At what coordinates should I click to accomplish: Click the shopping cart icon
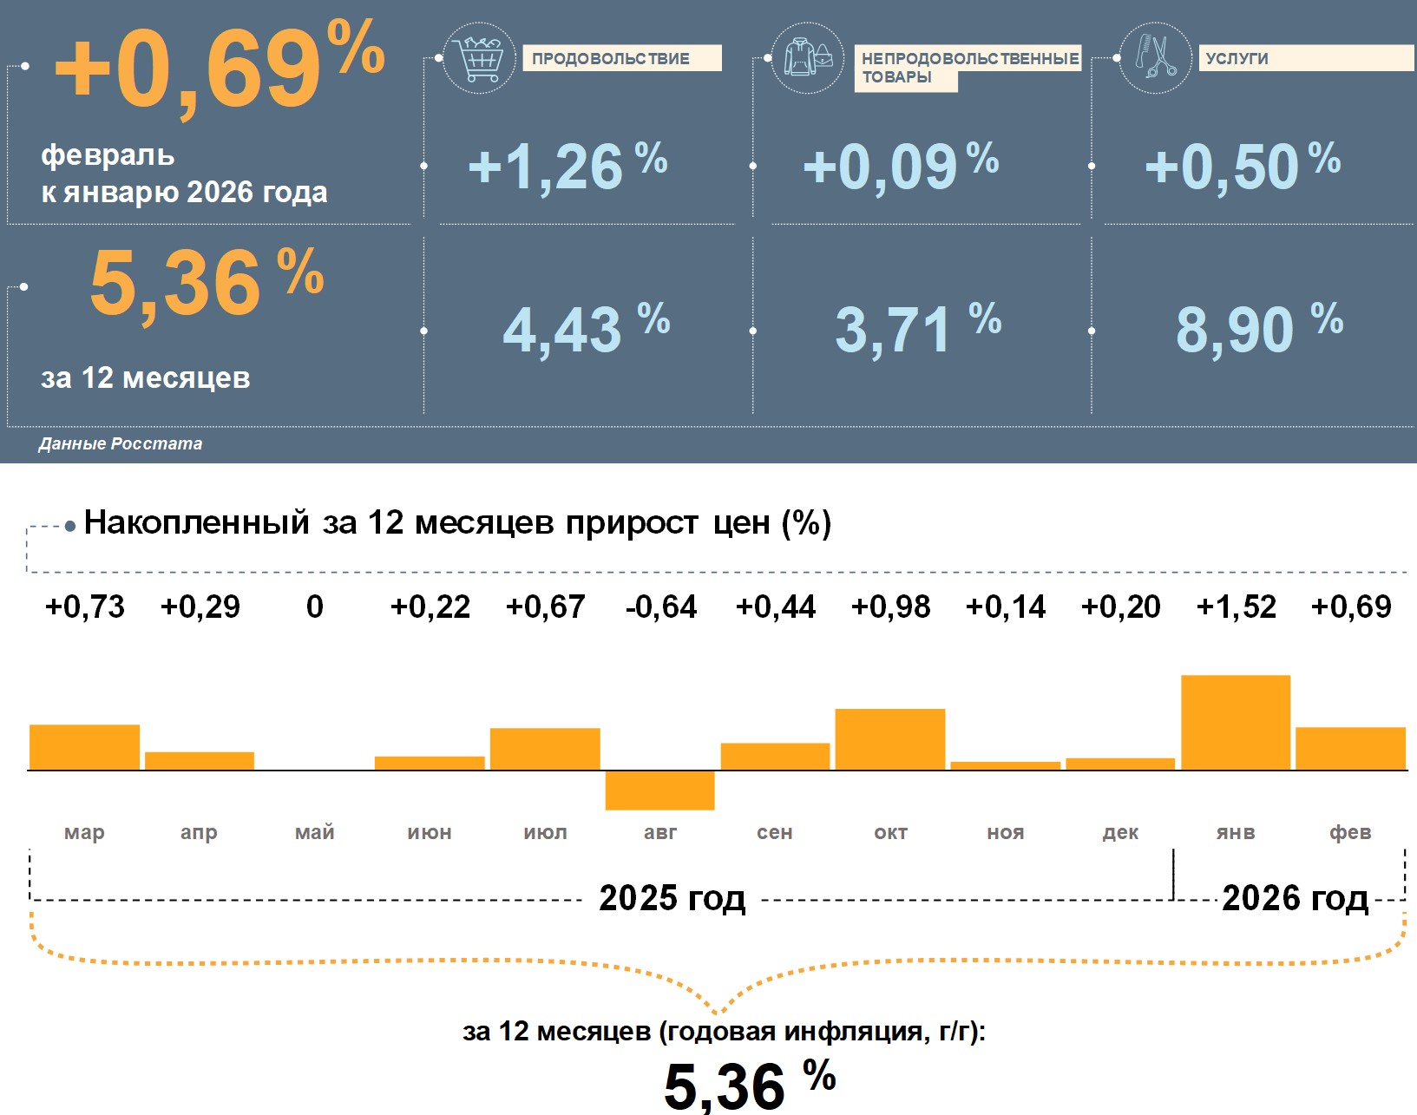click(479, 59)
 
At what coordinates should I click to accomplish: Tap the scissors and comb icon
click(1155, 58)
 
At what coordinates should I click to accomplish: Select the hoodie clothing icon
click(807, 59)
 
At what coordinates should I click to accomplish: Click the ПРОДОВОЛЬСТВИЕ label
click(621, 58)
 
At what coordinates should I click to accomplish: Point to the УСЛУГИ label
click(1237, 58)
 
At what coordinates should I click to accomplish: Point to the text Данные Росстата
click(121, 443)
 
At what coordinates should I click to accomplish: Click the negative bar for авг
click(659, 790)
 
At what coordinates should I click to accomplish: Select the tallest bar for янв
click(1236, 722)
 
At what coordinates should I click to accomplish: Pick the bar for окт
click(890, 739)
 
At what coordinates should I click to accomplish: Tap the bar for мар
click(84, 747)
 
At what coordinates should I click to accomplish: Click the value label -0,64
click(660, 607)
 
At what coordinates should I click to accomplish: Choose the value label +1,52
click(1236, 607)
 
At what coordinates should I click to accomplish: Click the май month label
click(314, 832)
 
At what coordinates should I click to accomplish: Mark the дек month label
click(1120, 832)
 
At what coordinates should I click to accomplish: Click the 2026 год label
click(1295, 898)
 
